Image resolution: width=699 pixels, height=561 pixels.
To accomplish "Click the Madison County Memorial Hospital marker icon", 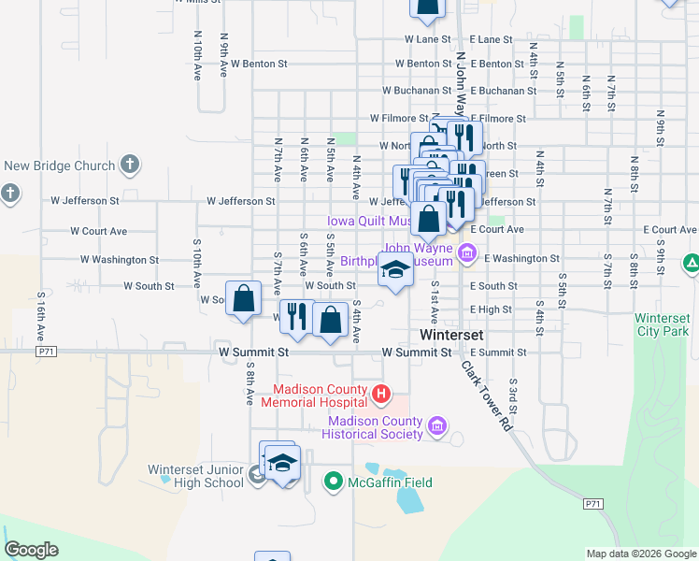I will pyautogui.click(x=381, y=395).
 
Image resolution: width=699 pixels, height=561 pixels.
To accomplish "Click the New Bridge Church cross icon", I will pyautogui.click(x=130, y=165).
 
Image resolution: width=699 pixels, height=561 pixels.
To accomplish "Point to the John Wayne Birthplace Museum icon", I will pyautogui.click(x=467, y=252).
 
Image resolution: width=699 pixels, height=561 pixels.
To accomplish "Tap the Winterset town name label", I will pyautogui.click(x=449, y=334).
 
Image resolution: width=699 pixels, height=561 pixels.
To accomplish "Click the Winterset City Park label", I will pyautogui.click(x=663, y=324).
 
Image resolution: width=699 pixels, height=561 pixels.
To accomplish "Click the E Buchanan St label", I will pyautogui.click(x=504, y=91).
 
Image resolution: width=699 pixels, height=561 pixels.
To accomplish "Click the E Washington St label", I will pyautogui.click(x=515, y=259).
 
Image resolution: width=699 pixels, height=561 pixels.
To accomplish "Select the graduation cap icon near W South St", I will pyautogui.click(x=395, y=271).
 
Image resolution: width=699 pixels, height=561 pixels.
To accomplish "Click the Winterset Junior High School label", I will pyautogui.click(x=195, y=476).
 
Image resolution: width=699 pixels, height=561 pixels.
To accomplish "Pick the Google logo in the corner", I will pyautogui.click(x=31, y=550).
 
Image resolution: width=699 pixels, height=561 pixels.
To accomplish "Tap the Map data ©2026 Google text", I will pyautogui.click(x=640, y=554).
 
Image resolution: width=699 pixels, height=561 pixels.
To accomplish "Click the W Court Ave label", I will pyautogui.click(x=98, y=230).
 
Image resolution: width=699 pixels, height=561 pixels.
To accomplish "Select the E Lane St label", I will pyautogui.click(x=492, y=39).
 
